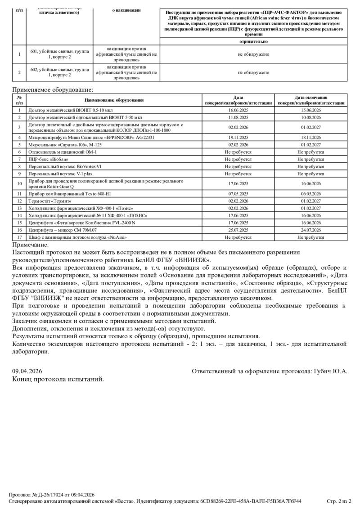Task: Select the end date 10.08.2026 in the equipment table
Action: point(311,117)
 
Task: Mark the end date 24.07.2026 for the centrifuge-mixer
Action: point(311,229)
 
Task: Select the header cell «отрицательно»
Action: point(253,41)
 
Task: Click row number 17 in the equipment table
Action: point(19,237)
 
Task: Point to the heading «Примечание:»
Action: point(30,245)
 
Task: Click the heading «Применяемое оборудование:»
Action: point(53,90)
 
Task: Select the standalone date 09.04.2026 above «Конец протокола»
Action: point(27,371)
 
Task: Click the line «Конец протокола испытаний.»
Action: point(58,379)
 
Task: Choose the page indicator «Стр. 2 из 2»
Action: point(338,501)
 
